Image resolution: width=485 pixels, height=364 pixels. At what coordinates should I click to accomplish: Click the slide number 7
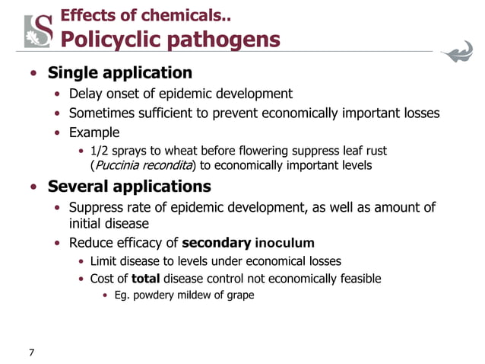click(31, 352)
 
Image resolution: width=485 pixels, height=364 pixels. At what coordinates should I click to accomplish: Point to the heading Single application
click(120, 74)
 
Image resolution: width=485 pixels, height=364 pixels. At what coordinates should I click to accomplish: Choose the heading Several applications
click(129, 187)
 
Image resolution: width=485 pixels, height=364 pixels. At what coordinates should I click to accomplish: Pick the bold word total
click(144, 279)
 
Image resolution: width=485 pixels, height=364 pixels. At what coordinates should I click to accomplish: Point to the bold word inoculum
click(284, 244)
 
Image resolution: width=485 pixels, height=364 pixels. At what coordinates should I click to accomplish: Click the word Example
click(94, 133)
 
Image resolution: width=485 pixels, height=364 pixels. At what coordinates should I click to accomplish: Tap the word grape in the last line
click(239, 295)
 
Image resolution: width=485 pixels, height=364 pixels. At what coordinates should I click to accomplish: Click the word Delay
click(86, 94)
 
